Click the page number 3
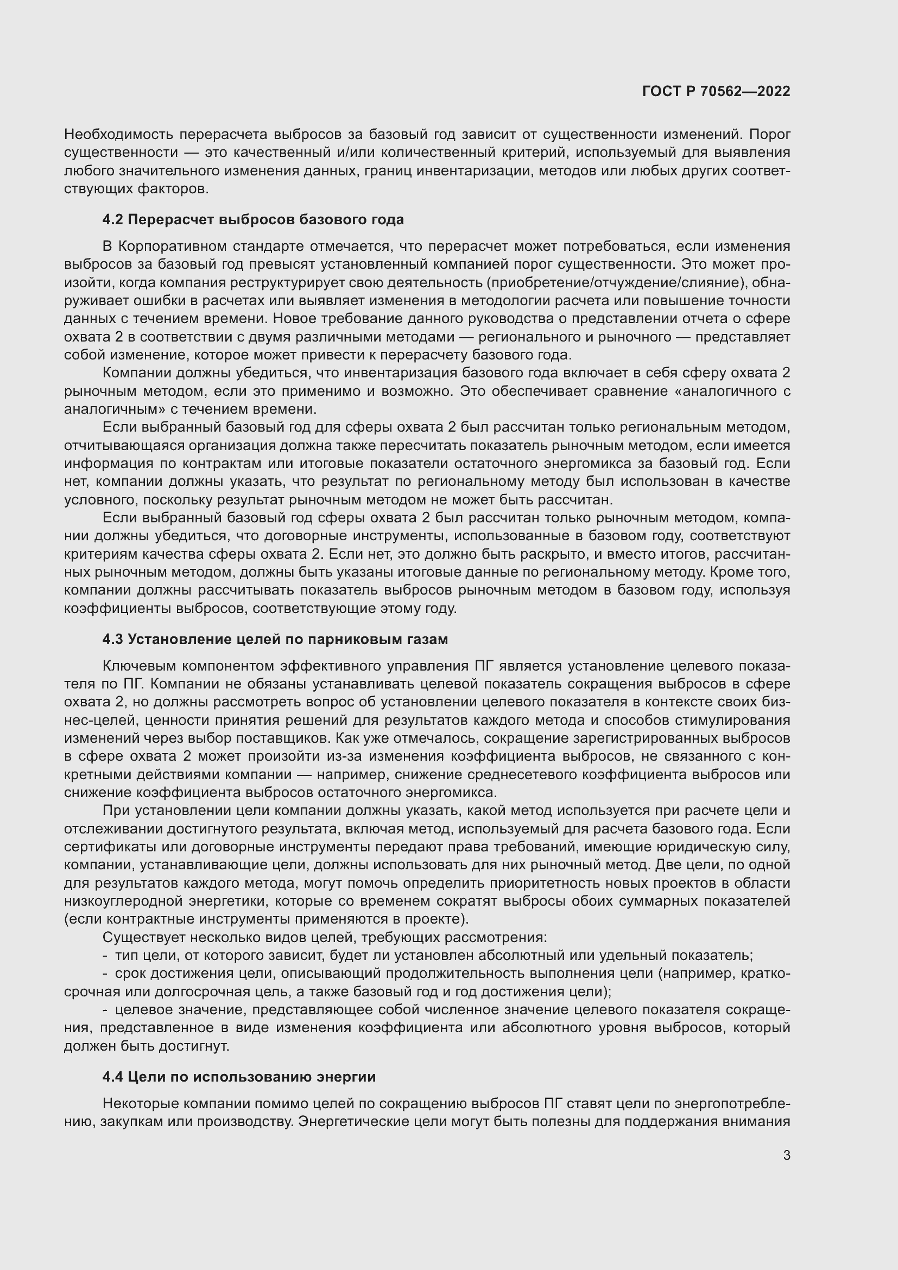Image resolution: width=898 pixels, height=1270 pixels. point(786,1155)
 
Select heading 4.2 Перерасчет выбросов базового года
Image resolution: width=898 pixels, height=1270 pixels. point(252,219)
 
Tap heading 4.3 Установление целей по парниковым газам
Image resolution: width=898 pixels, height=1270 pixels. point(275,640)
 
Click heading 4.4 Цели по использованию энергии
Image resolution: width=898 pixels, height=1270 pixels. point(239,1077)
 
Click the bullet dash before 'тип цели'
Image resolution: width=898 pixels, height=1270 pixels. point(105,955)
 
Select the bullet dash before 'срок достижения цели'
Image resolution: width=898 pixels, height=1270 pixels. point(105,974)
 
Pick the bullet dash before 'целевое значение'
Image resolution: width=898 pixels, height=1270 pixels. point(105,1010)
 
